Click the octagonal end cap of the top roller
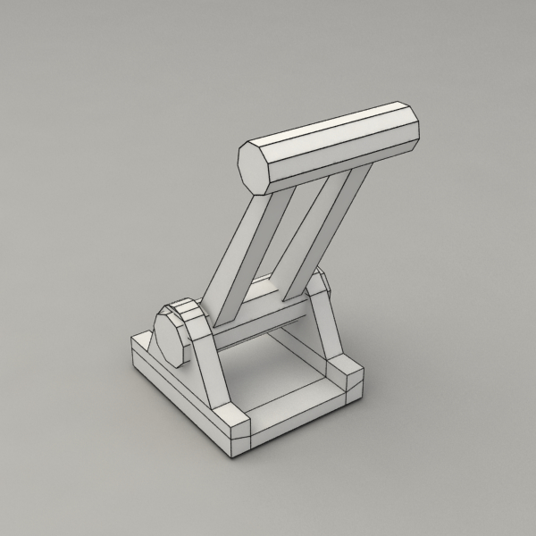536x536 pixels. tap(257, 167)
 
